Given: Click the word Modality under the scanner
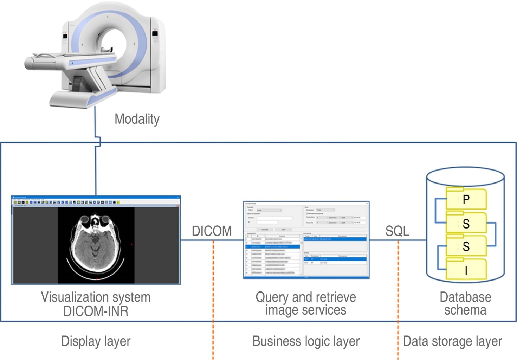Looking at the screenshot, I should pos(137,119).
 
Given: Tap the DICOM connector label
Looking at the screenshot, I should pos(212,231).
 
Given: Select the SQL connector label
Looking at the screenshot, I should pos(397,231).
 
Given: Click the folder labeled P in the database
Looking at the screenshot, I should pos(466,199).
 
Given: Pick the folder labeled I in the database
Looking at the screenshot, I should pos(466,270).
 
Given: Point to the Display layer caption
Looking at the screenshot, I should pos(96,341).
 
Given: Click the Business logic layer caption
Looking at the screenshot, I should pos(306,341).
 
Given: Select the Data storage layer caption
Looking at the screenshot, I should pos(452,341).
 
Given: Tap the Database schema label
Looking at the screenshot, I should pos(465,303).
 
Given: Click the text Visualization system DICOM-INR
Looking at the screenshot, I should pos(96,304).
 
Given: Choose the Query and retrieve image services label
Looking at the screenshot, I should pos(306,303).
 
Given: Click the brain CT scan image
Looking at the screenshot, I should pos(96,245).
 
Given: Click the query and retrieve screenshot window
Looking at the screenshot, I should pos(306,240).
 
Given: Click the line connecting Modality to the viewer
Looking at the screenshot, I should pos(95,169).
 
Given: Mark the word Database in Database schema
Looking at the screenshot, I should pos(465,297).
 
